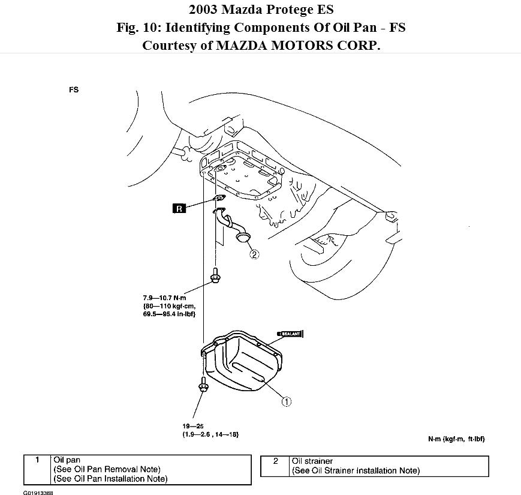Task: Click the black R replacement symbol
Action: tap(179, 209)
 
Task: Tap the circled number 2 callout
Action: tap(254, 254)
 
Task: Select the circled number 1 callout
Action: tap(287, 401)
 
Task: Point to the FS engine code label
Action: tap(74, 90)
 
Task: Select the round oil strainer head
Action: tap(243, 239)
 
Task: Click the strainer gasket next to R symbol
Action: tap(219, 200)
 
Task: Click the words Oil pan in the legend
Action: tap(66, 460)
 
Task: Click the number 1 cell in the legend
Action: tap(37, 460)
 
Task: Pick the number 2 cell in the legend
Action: tap(275, 461)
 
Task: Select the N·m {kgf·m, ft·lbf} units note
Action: tap(456, 439)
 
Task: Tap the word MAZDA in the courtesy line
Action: tap(230, 46)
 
